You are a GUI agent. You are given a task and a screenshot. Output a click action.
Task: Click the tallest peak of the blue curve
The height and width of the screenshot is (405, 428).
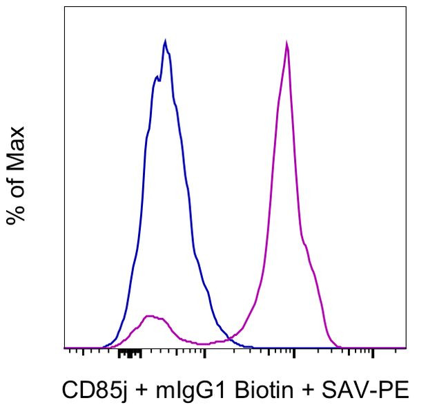click(165, 41)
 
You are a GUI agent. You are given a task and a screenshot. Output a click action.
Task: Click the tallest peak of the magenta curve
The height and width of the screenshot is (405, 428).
click(286, 43)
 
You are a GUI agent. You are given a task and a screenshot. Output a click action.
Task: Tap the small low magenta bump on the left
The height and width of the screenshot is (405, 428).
click(151, 317)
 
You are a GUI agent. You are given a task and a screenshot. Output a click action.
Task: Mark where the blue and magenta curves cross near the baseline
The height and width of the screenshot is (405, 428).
click(228, 339)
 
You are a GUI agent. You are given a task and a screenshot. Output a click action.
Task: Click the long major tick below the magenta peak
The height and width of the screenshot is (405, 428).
click(295, 353)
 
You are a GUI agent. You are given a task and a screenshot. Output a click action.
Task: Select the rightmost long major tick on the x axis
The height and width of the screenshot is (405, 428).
click(373, 353)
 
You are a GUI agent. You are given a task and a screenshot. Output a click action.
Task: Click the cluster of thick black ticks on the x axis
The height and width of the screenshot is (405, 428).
click(129, 354)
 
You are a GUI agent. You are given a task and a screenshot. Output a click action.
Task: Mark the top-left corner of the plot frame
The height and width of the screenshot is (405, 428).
click(64, 8)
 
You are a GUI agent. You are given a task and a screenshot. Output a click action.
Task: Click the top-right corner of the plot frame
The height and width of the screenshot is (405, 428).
click(406, 8)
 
